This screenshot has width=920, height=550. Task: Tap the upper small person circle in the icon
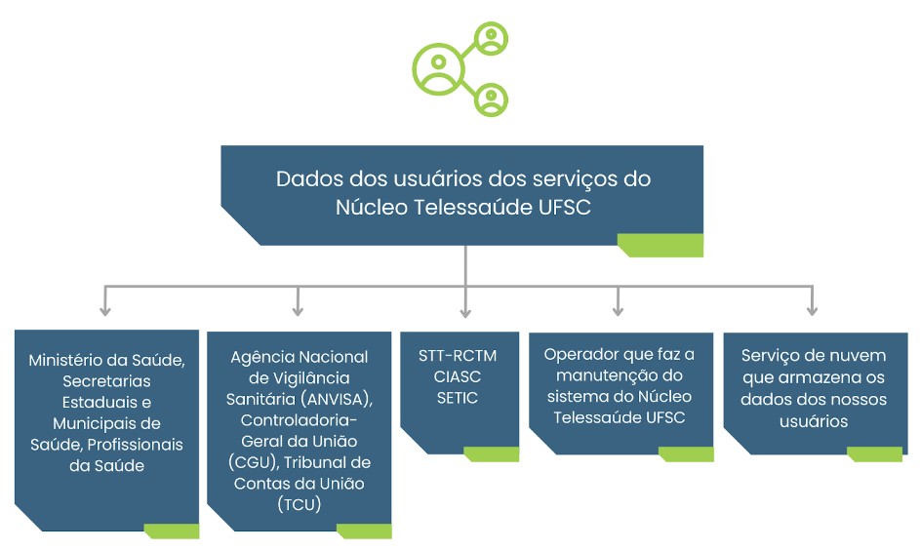491,40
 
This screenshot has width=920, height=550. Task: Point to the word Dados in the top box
305,179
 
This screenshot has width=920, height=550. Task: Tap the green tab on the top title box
660,246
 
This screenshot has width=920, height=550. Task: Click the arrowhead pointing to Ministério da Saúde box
105,311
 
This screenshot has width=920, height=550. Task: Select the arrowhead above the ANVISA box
299,311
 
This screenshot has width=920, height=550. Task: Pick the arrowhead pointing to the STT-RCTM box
465,311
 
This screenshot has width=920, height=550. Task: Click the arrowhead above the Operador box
618,311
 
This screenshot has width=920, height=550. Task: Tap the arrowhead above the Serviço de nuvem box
812,311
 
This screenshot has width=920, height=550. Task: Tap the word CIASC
458,376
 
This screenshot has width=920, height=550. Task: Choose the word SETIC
458,398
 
